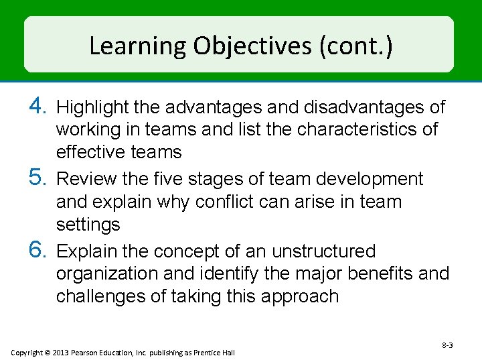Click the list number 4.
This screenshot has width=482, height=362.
38,106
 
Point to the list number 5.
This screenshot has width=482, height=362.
38,178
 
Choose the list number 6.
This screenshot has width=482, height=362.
38,251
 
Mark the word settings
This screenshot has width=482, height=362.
88,225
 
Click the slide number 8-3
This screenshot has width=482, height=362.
447,345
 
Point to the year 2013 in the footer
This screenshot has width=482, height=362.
60,353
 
